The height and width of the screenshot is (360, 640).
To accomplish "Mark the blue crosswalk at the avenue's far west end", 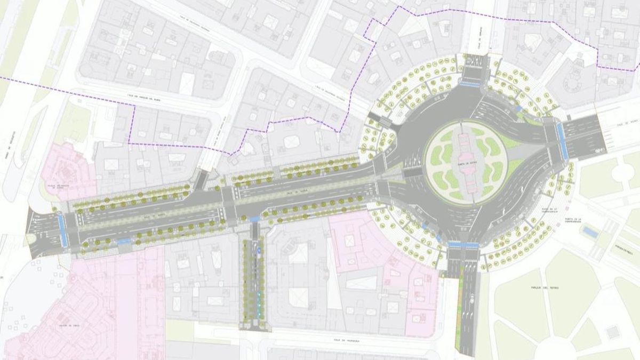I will coord(62,229).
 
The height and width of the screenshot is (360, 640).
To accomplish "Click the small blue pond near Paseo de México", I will coord(589,232).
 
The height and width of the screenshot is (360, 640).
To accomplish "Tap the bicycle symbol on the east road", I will coord(599,150).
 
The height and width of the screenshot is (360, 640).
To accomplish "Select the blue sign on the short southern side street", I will coord(258,249).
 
